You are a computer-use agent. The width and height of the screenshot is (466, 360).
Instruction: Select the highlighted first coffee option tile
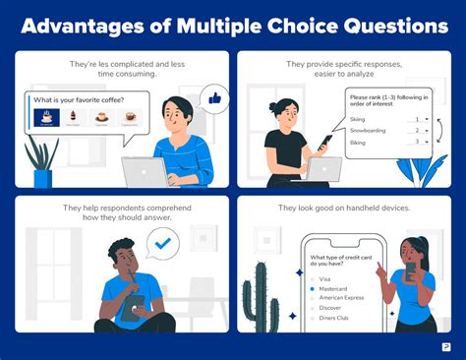tap(44, 118)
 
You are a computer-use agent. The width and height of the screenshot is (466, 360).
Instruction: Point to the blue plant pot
tap(42, 178)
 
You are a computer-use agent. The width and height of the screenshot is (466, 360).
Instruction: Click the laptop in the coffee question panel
tap(145, 173)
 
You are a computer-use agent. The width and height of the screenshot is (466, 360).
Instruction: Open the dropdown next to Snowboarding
tap(421, 130)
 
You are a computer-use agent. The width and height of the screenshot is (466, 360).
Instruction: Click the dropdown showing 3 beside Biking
tap(421, 142)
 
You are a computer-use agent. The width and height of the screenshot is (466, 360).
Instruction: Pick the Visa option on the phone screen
tap(314, 278)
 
